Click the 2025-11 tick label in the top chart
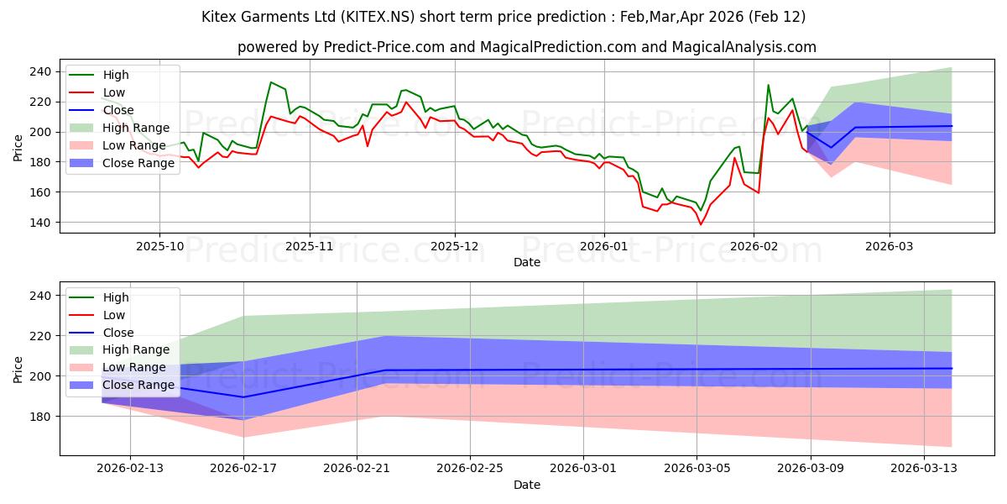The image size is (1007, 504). pos(310,248)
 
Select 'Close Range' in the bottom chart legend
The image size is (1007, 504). pos(140,386)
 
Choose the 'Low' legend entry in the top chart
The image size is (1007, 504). pos(115,92)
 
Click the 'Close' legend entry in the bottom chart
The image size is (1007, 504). pos(118,333)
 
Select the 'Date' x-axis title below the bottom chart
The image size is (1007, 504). pos(527,486)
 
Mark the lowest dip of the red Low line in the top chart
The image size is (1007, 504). pos(701,224)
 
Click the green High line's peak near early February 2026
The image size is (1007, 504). pos(768,85)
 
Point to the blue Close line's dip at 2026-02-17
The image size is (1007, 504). pos(243,397)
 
